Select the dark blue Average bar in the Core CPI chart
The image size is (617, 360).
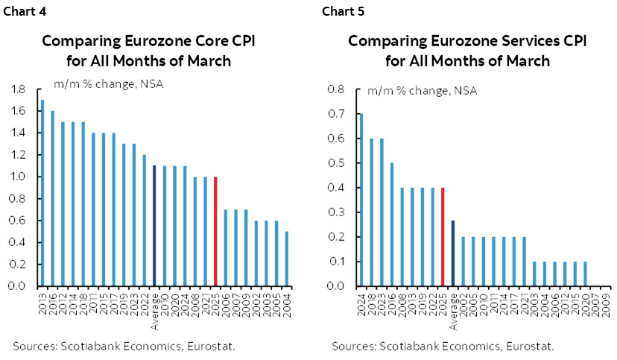pos(154,226)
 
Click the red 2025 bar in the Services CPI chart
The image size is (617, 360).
pos(443,236)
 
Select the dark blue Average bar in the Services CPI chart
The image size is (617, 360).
pos(453,253)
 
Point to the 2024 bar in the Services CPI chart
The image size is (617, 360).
pos(361,200)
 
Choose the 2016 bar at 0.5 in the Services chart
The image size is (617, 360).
pos(392,224)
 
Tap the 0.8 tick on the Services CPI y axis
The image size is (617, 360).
pos(337,89)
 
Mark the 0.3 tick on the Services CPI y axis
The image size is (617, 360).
pos(337,212)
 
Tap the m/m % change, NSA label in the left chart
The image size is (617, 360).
pos(107,83)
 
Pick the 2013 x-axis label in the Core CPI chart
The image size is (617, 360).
pos(42,300)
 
